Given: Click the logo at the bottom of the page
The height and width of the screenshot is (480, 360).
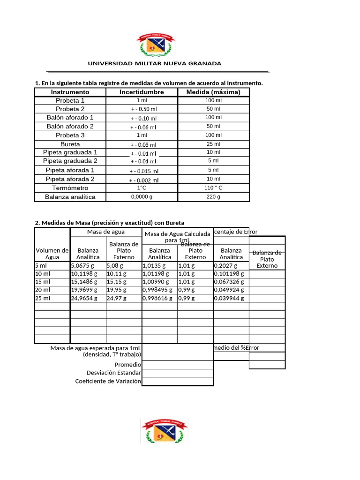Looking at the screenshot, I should pyautogui.click(x=164, y=430).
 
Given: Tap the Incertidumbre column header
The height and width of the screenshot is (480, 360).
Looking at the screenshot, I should pyautogui.click(x=142, y=92).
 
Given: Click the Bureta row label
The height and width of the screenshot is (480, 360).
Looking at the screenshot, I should pyautogui.click(x=70, y=144).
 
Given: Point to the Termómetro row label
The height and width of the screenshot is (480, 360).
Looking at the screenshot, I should pyautogui.click(x=70, y=188).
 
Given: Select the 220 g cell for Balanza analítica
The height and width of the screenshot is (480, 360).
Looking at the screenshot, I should pyautogui.click(x=213, y=197).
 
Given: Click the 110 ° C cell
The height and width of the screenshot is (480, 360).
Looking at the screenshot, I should pyautogui.click(x=213, y=188).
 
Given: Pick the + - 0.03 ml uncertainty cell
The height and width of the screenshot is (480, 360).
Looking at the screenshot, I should pyautogui.click(x=143, y=145).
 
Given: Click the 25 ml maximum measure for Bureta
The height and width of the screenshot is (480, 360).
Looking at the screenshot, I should pyautogui.click(x=213, y=144).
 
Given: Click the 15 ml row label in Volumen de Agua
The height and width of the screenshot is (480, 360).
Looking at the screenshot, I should pyautogui.click(x=43, y=282).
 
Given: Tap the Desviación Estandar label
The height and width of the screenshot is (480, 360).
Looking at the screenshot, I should pyautogui.click(x=113, y=373).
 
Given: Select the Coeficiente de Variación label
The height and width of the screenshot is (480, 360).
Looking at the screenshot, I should pyautogui.click(x=108, y=381).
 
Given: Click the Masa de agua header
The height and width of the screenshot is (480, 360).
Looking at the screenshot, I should pyautogui.click(x=106, y=232).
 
